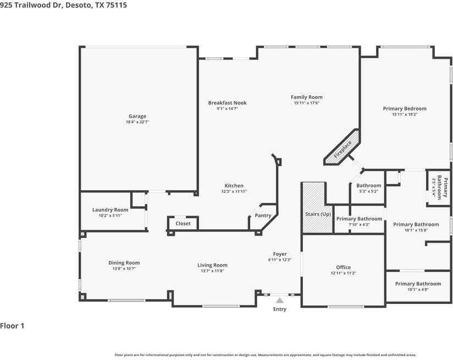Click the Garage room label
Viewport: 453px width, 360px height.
(x=137, y=116)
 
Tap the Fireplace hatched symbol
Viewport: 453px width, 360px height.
(x=341, y=147)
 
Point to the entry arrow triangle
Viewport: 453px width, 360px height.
(x=280, y=300)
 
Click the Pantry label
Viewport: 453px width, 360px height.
(x=263, y=215)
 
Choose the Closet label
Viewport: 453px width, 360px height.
(x=183, y=224)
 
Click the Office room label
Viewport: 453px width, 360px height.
(x=344, y=268)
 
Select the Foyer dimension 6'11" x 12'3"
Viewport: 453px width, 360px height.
(x=280, y=259)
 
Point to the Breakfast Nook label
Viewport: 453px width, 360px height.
(x=227, y=103)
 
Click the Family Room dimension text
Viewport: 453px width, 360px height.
(x=306, y=103)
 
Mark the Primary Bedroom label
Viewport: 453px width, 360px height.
(x=405, y=109)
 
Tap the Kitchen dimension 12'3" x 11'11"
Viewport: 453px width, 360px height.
(x=234, y=191)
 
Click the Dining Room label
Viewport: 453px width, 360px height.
(x=124, y=263)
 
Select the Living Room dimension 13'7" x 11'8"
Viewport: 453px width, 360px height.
(x=212, y=272)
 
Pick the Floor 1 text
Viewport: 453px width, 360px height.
(x=13, y=326)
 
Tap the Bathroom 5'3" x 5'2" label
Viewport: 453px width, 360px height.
(x=368, y=186)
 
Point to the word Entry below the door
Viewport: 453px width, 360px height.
(x=280, y=309)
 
